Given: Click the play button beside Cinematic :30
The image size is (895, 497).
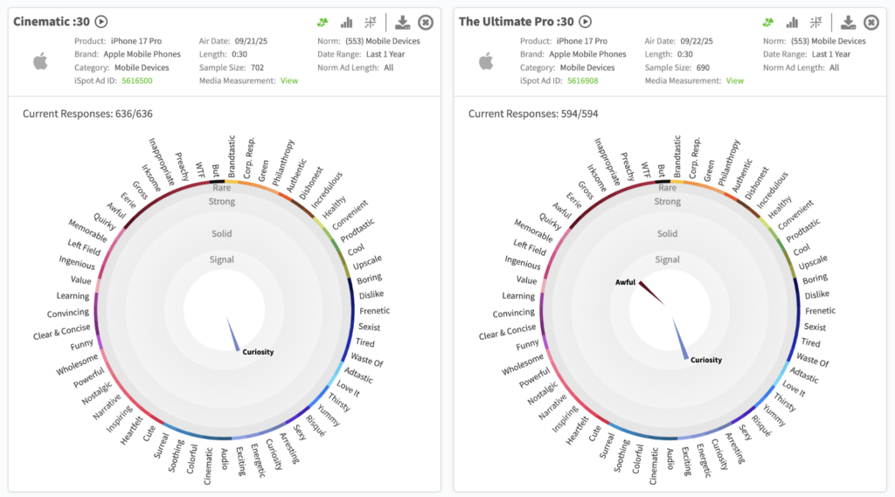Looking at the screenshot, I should pyautogui.click(x=101, y=22).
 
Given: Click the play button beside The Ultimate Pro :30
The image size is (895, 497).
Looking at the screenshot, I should pyautogui.click(x=586, y=22).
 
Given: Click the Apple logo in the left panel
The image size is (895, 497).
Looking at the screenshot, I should pyautogui.click(x=40, y=60).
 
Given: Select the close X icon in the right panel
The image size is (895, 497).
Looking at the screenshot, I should pyautogui.click(x=871, y=23).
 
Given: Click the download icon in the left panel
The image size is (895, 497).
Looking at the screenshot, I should pyautogui.click(x=403, y=23).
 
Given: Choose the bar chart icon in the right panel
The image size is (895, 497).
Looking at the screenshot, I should pyautogui.click(x=792, y=23).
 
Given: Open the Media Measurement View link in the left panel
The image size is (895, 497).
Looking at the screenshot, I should pyautogui.click(x=288, y=80).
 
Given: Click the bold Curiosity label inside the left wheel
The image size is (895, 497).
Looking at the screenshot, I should pyautogui.click(x=258, y=352).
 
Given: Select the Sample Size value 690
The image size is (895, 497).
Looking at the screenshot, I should pyautogui.click(x=699, y=67).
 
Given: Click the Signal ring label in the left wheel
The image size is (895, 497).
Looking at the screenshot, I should pyautogui.click(x=222, y=259).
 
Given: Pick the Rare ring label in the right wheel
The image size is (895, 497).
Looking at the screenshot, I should pyautogui.click(x=667, y=188).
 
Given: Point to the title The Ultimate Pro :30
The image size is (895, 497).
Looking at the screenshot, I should pyautogui.click(x=517, y=22).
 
